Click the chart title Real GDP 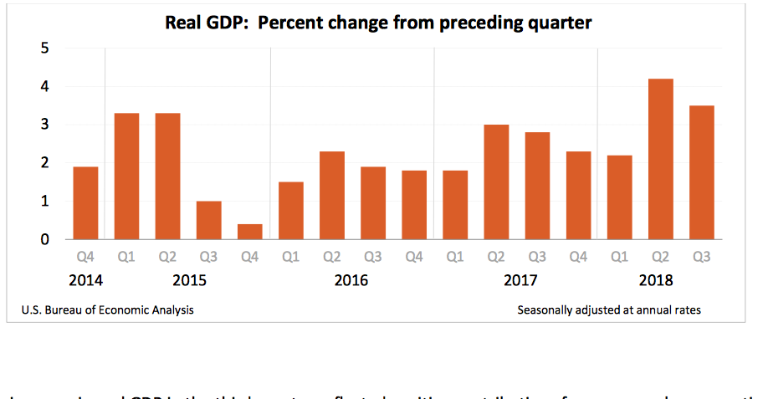click(x=377, y=23)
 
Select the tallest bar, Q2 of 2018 click(x=660, y=159)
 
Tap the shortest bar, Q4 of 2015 click(x=249, y=232)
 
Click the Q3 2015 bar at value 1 click(x=208, y=220)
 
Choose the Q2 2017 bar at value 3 click(x=496, y=182)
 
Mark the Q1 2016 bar click(x=290, y=211)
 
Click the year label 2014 click(x=85, y=280)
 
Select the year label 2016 click(x=351, y=280)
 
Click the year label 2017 click(x=520, y=280)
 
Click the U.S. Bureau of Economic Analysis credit click(x=107, y=310)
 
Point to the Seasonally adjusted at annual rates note click(x=609, y=310)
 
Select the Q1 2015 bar click(x=126, y=176)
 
